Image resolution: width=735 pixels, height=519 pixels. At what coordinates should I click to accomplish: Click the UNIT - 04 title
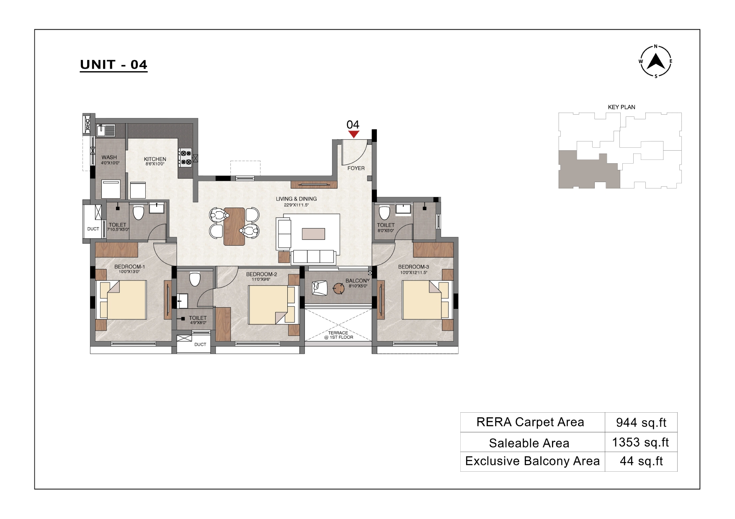click(113, 65)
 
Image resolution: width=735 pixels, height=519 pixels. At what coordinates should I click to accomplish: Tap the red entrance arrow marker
click(353, 134)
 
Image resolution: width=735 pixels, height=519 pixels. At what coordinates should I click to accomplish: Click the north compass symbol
click(656, 62)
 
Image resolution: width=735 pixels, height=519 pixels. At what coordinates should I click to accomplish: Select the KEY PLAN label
click(622, 107)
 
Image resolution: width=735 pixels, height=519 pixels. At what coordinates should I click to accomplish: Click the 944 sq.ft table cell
click(641, 422)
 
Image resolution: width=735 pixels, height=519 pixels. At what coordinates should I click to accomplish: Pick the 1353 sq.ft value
click(640, 442)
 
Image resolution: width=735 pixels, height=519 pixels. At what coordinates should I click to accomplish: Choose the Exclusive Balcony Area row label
click(532, 461)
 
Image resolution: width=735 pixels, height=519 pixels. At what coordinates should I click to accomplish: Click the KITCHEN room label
click(155, 159)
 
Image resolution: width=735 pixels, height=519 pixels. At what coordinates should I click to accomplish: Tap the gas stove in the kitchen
click(185, 157)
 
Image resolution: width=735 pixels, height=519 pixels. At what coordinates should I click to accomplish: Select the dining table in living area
click(234, 226)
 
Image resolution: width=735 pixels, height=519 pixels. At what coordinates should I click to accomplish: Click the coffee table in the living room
click(313, 234)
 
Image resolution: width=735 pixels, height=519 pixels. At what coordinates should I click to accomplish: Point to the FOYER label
click(356, 168)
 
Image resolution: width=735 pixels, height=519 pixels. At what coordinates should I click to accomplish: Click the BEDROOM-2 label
click(261, 275)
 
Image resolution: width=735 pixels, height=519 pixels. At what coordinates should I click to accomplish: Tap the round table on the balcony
click(338, 288)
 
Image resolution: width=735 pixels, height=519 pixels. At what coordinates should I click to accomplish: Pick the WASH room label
click(109, 158)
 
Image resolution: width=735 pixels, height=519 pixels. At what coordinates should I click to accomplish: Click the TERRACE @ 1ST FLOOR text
click(338, 335)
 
